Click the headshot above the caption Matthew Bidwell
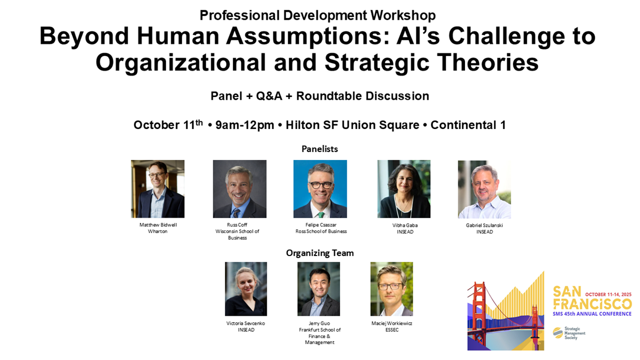pyautogui.click(x=158, y=189)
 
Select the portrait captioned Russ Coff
pyautogui.click(x=239, y=189)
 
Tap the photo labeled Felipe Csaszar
pyautogui.click(x=320, y=189)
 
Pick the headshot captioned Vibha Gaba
pyautogui.click(x=404, y=189)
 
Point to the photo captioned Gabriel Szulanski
pyautogui.click(x=484, y=189)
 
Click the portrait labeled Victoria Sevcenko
pyautogui.click(x=246, y=289)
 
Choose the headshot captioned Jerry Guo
pyautogui.click(x=318, y=289)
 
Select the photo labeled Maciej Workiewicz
pyautogui.click(x=391, y=289)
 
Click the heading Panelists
pyautogui.click(x=319, y=149)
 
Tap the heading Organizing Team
pyautogui.click(x=319, y=253)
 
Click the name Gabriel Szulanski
pyautogui.click(x=484, y=225)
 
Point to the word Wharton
pyautogui.click(x=158, y=231)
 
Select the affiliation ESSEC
pyautogui.click(x=391, y=330)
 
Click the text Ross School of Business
pyautogui.click(x=321, y=231)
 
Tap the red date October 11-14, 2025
pyautogui.click(x=609, y=294)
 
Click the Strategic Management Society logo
pyautogui.click(x=569, y=333)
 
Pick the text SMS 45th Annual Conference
pyautogui.click(x=592, y=314)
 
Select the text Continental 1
pyautogui.click(x=468, y=125)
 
